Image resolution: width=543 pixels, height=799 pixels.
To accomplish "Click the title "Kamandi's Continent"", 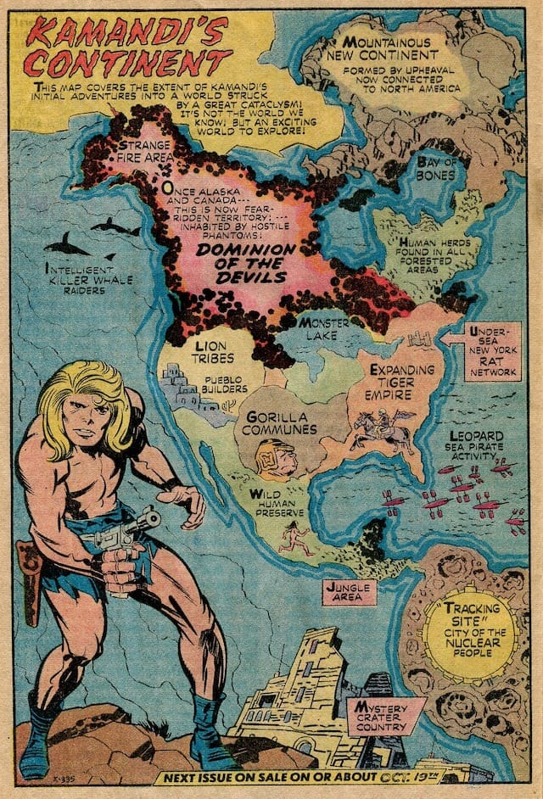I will pyautogui.click(x=127, y=48).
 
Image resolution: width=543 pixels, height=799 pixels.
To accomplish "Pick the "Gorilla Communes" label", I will pyautogui.click(x=282, y=422).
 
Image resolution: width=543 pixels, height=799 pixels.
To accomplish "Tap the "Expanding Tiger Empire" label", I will pyautogui.click(x=401, y=382).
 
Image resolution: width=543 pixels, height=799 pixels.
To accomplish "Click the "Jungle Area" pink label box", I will pyautogui.click(x=349, y=591).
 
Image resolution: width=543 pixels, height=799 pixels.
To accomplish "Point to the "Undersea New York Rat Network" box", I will pyautogui.click(x=493, y=350).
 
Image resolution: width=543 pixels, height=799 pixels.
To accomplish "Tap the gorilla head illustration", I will pyautogui.click(x=277, y=460).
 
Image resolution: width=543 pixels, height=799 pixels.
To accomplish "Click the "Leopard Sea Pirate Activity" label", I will pyautogui.click(x=476, y=446).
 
